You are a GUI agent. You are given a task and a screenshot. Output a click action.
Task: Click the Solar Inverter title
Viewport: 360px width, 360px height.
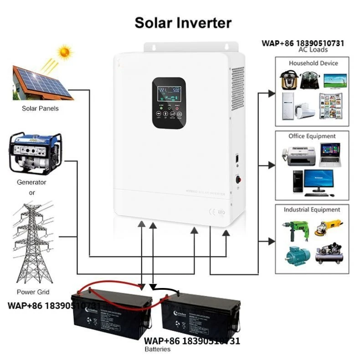click(x=183, y=23)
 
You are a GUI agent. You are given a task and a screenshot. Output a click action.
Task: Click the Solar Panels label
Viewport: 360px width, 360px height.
click(x=41, y=108)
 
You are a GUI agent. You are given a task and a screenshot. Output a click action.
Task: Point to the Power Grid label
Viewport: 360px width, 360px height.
click(x=33, y=292)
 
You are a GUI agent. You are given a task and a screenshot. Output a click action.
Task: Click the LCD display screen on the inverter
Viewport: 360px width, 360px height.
click(x=169, y=96)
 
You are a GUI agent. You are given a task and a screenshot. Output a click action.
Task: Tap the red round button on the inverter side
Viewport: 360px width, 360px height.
click(x=237, y=179)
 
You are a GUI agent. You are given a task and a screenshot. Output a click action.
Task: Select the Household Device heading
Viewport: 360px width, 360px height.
click(x=313, y=63)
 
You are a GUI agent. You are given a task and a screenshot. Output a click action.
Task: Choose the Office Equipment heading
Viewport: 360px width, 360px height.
click(x=312, y=136)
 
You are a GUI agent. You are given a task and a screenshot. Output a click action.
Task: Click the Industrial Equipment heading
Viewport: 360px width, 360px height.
click(x=312, y=210)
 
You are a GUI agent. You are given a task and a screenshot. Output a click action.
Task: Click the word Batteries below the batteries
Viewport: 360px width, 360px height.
click(x=158, y=349)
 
